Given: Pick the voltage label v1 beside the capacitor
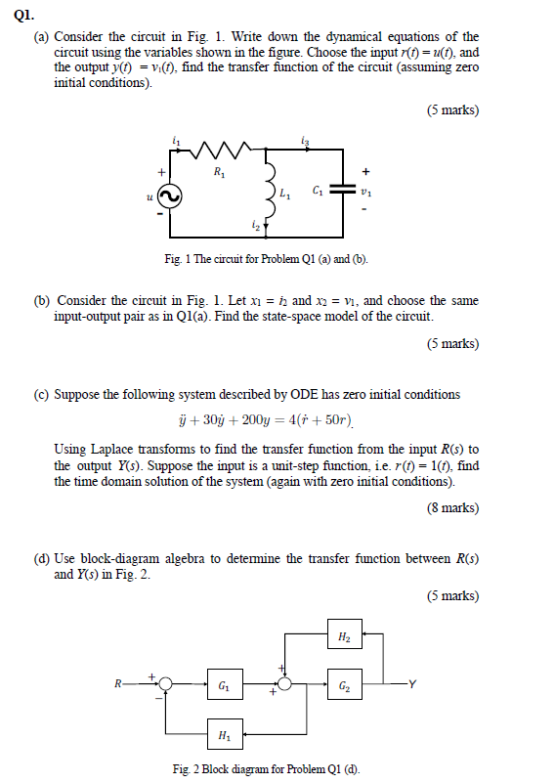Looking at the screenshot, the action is (x=366, y=193).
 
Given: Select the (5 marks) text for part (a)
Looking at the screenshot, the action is (x=452, y=109).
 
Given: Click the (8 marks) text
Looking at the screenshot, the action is (x=452, y=508).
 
